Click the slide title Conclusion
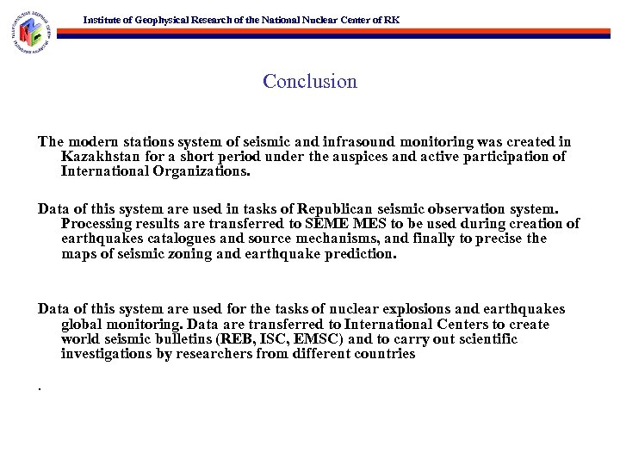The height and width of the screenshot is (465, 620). tap(310, 82)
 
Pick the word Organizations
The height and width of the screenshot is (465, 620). tap(199, 171)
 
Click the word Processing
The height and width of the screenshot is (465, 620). tap(97, 224)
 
